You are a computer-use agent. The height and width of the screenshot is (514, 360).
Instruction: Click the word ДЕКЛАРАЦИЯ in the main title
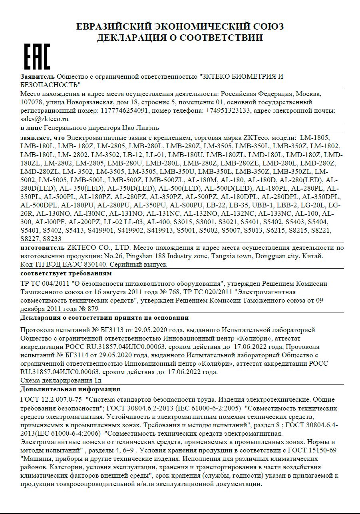pos(132,38)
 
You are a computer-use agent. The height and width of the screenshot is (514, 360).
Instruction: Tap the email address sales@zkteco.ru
pos(44,119)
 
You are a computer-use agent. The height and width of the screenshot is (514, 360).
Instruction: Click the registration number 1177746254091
pos(125,111)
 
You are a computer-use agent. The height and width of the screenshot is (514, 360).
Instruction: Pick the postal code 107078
pos(32,102)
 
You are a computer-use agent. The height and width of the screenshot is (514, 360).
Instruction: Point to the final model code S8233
pos(52,239)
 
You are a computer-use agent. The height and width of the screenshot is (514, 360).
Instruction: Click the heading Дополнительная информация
pos(70,389)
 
